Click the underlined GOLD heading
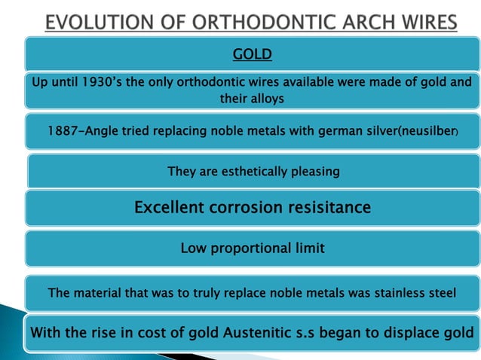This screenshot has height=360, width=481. [252, 54]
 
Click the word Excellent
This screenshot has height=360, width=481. [170, 207]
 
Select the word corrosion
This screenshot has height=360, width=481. [244, 207]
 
